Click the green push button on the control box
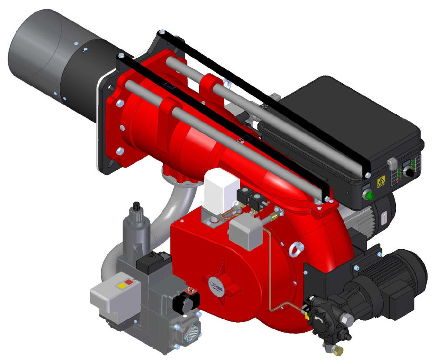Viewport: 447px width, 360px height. coord(370,195)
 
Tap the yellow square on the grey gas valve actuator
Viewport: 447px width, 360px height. coord(118,286)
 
